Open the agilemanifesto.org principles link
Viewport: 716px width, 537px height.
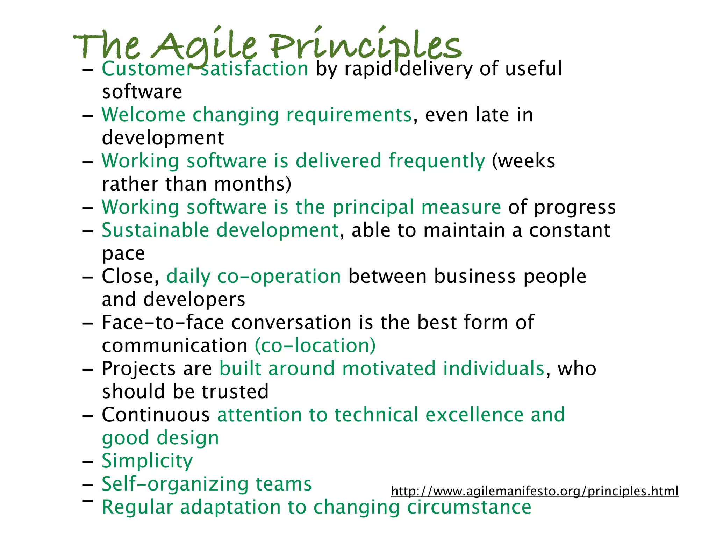point(535,491)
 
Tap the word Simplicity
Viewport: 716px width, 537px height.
point(147,461)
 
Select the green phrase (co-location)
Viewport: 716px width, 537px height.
point(315,345)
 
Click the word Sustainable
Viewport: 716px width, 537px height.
point(155,230)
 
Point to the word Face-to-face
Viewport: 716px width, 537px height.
point(163,322)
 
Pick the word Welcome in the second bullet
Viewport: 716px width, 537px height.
point(143,115)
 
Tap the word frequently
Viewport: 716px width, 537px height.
point(437,162)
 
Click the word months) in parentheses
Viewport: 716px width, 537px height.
point(252,184)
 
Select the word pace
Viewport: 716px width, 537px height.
point(123,254)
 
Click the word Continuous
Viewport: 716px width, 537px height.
point(156,415)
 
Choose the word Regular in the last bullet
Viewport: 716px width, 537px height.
point(137,507)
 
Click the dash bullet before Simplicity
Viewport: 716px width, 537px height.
point(87,462)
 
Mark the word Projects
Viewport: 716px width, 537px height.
point(139,368)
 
